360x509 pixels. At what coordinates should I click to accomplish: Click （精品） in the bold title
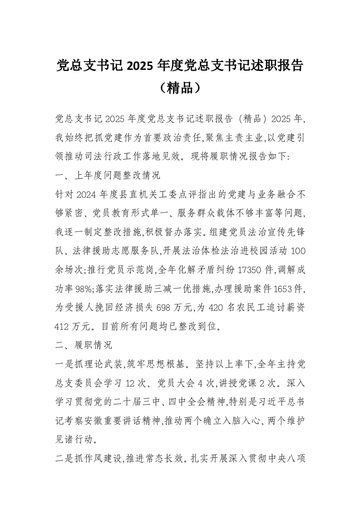(180, 87)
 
